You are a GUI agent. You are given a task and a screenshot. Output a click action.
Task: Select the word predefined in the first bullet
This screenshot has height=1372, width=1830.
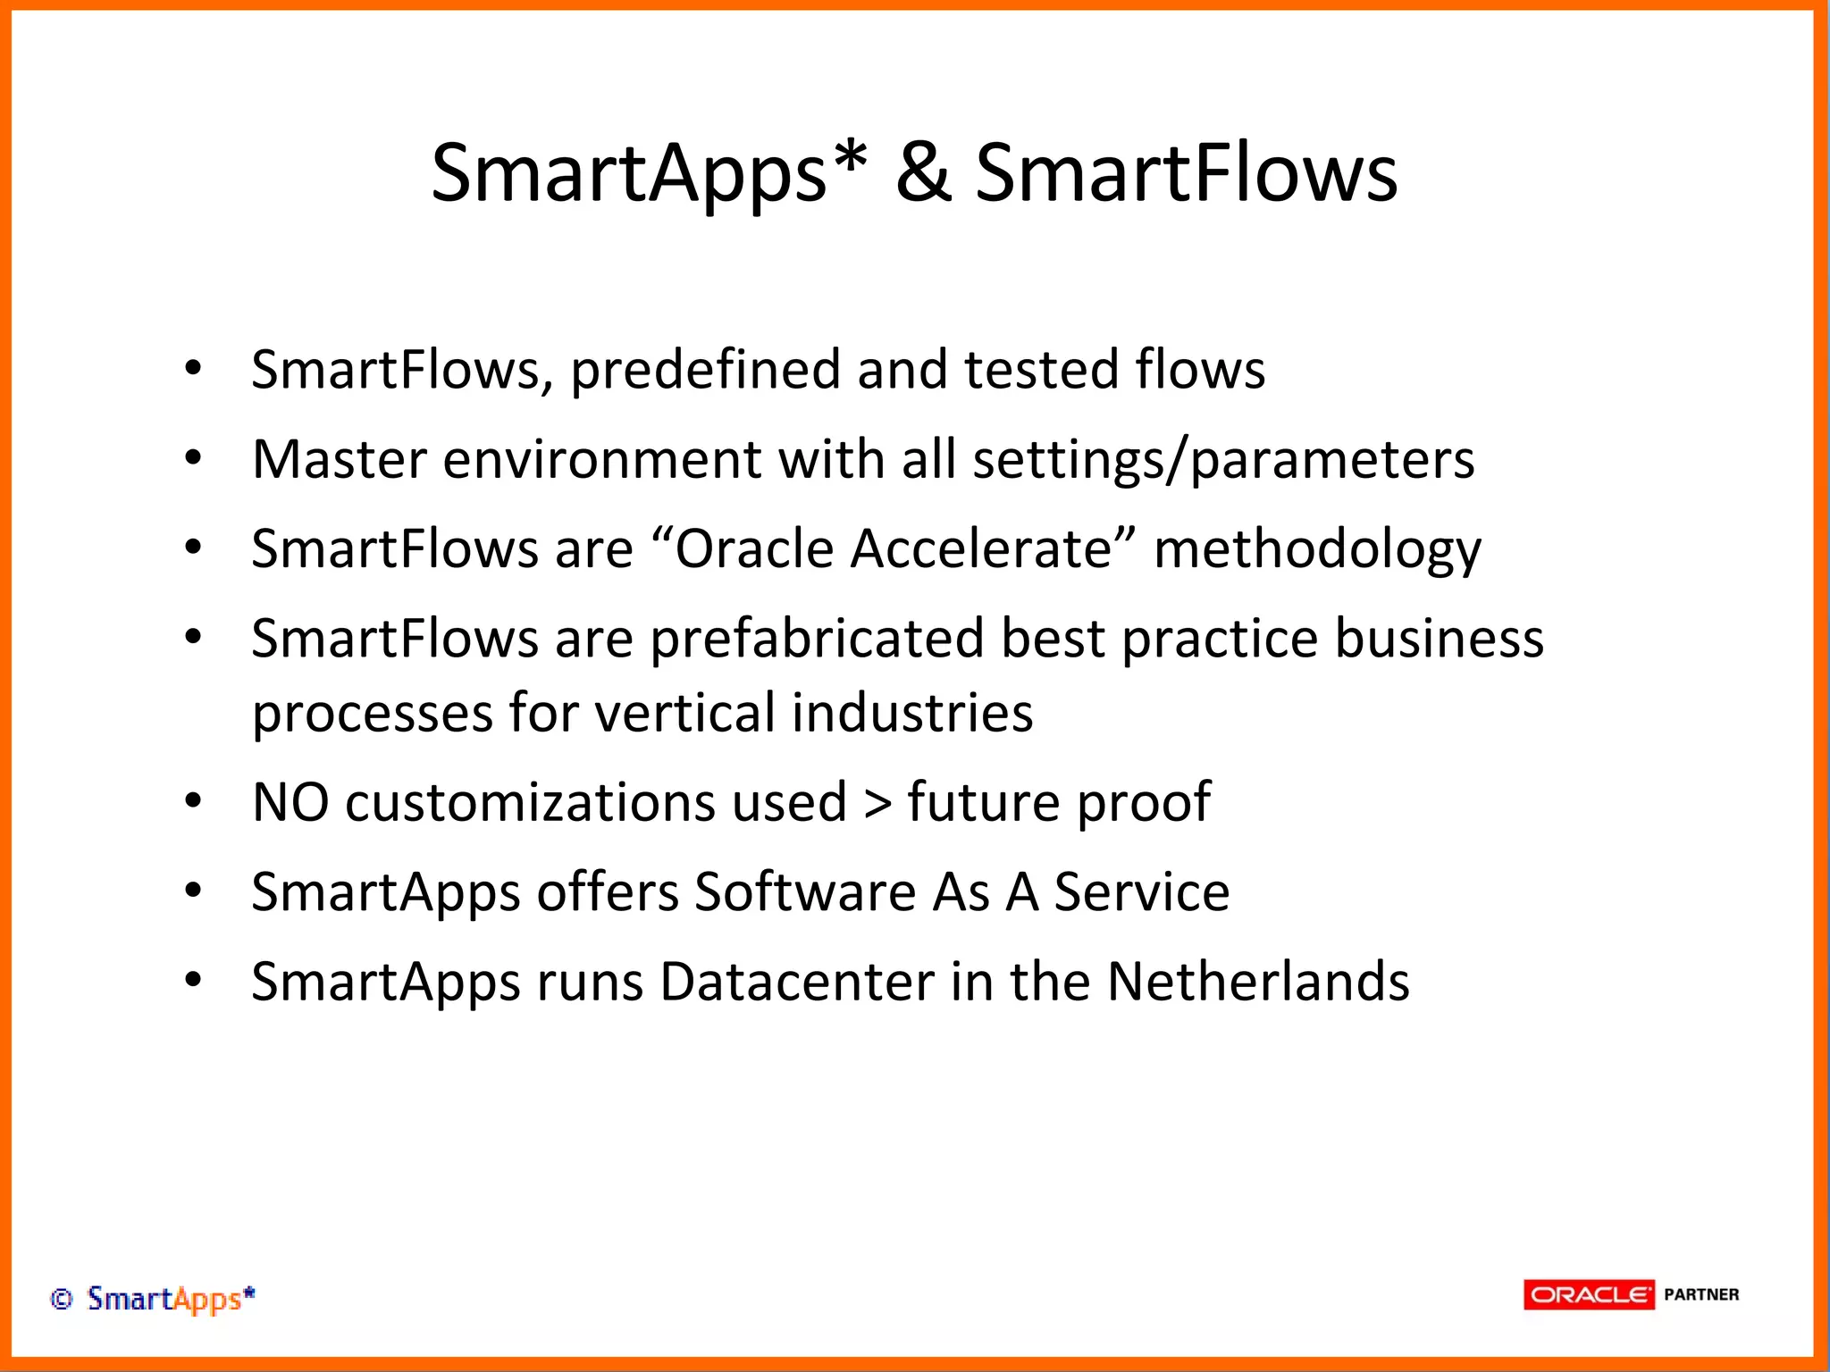705,370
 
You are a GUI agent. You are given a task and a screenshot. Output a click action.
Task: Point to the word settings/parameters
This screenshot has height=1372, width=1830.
1222,461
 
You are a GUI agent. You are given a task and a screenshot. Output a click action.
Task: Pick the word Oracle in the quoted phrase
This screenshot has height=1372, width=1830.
755,548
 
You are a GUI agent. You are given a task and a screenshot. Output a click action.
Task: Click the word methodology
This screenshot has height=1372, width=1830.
1317,550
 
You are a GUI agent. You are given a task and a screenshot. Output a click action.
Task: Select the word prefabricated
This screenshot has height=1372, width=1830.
816,640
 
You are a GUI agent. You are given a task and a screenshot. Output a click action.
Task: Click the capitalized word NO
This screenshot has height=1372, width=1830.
290,802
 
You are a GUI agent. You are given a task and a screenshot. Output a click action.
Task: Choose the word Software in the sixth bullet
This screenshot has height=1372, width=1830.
805,891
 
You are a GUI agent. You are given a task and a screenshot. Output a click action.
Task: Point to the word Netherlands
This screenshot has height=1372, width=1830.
1258,982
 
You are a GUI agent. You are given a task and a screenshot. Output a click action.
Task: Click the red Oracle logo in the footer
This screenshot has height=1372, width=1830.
1589,1294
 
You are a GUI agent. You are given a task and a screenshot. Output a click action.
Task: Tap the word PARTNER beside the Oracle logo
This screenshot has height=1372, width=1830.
1701,1294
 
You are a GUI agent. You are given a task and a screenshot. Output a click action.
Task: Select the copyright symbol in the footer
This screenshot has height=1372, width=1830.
61,1299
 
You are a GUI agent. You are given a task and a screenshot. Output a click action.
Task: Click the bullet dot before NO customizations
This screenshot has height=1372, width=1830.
193,801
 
